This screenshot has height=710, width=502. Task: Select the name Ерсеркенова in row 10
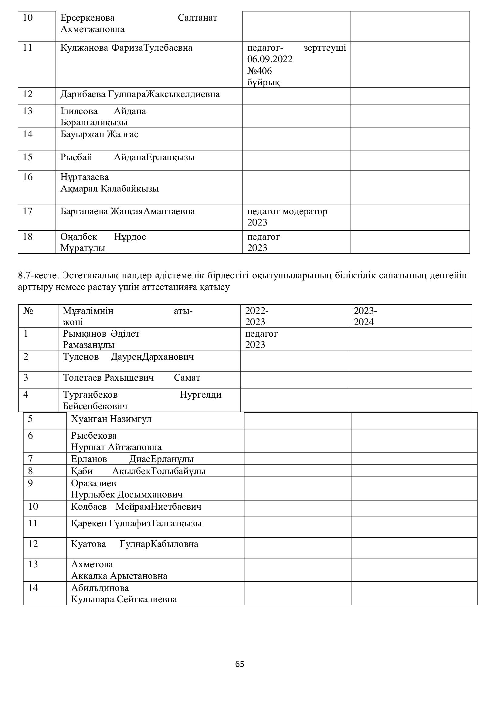[x=87, y=18]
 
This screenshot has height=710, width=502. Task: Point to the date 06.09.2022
[x=270, y=59]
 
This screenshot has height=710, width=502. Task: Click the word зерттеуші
[x=324, y=48]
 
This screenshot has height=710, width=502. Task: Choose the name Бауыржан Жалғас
[x=99, y=134]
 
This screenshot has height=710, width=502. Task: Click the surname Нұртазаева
[x=85, y=177]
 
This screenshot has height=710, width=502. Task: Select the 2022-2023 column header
[x=256, y=316]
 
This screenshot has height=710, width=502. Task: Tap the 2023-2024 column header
[x=365, y=316]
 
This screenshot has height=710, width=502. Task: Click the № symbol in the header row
[x=28, y=311]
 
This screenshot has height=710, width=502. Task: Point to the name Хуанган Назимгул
[x=111, y=419]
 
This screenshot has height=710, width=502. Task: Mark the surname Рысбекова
[x=94, y=436]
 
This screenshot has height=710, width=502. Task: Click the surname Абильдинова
[x=100, y=588]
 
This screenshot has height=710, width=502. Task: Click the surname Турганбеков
[x=90, y=395]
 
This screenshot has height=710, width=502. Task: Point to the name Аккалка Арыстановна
[x=119, y=576]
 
